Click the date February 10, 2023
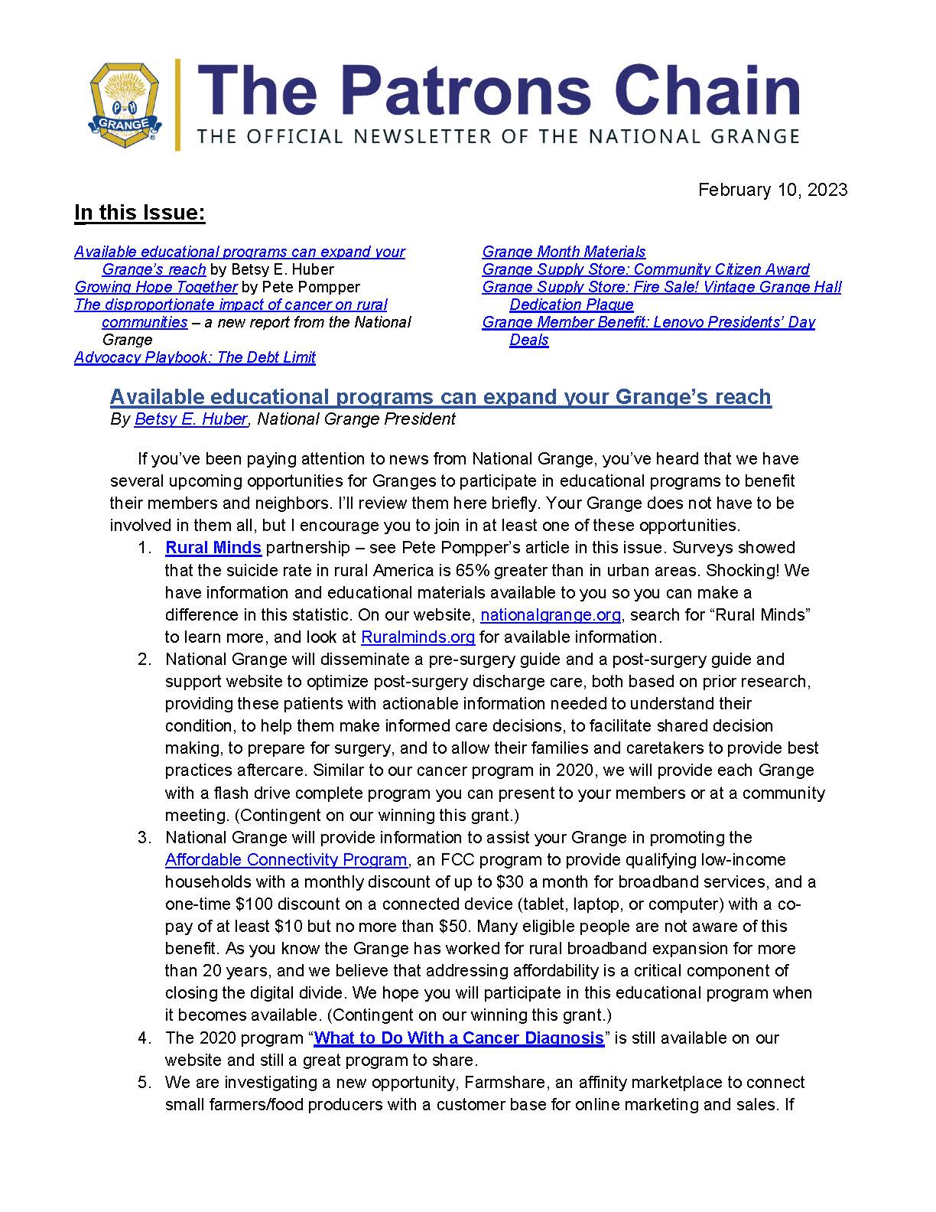pyautogui.click(x=772, y=190)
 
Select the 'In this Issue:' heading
pyautogui.click(x=140, y=213)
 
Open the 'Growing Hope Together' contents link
pyautogui.click(x=156, y=287)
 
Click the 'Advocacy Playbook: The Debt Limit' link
pyautogui.click(x=195, y=357)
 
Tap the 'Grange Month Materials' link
pyautogui.click(x=564, y=252)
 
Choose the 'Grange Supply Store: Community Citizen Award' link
pyautogui.click(x=645, y=269)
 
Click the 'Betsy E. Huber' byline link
pyautogui.click(x=190, y=419)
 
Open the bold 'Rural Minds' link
pyautogui.click(x=213, y=548)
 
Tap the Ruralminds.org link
pyautogui.click(x=418, y=637)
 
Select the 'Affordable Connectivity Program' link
pyautogui.click(x=286, y=860)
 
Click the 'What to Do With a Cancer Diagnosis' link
pyautogui.click(x=459, y=1038)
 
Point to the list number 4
pyautogui.click(x=144, y=1038)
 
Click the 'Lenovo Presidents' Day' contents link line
pyautogui.click(x=648, y=322)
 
